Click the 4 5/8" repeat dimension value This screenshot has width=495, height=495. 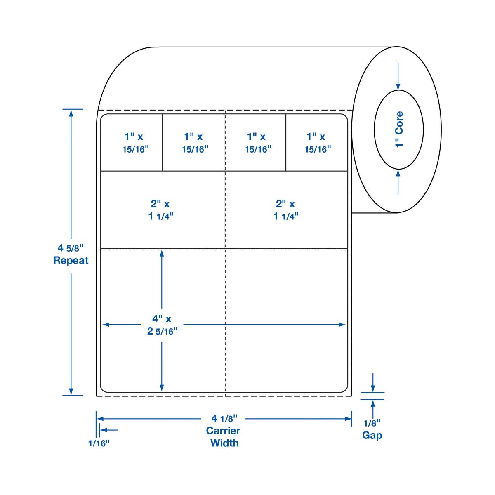coord(71,248)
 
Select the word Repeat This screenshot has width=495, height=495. coord(71,260)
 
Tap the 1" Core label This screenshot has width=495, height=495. coord(399,130)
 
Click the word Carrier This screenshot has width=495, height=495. coord(223,431)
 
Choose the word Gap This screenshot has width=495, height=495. coord(372,435)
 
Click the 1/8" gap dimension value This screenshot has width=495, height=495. coord(372,423)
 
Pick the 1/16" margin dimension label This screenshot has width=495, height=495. coord(99,443)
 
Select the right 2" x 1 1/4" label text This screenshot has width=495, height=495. coord(286,210)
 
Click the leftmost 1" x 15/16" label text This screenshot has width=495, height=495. coord(134,142)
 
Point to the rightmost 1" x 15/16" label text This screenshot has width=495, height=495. coord(317,142)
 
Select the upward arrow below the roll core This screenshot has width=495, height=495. coord(398,174)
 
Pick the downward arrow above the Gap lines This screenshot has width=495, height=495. coord(373,388)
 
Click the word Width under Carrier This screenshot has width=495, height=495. coord(224,443)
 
